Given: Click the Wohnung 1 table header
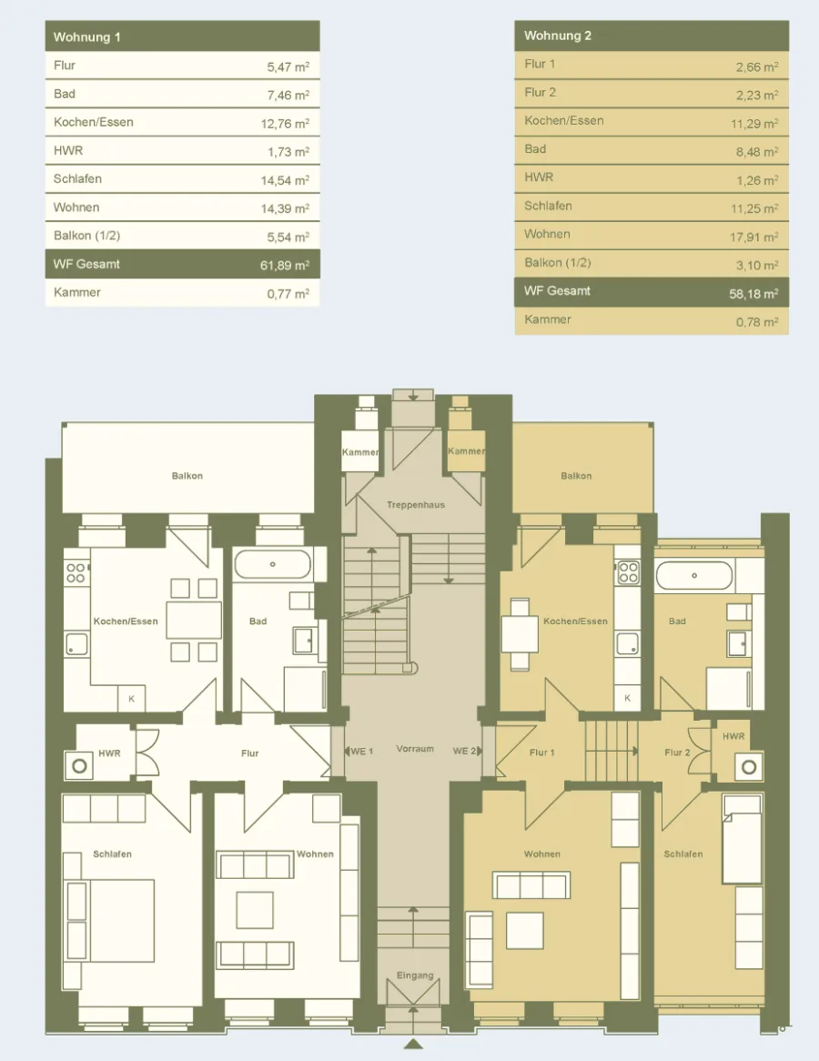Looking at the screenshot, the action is coord(182,36).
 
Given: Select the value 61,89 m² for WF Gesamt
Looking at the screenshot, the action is coord(285,266).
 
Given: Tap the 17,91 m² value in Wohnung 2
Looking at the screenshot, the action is coord(754,237).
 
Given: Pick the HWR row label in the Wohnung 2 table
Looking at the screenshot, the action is coord(539,177).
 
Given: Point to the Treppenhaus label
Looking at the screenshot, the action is coord(416,505).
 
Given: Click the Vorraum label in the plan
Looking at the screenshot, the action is coord(415,749).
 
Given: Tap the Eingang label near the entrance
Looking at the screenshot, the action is coord(415,975).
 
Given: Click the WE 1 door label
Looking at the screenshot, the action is coord(362,752).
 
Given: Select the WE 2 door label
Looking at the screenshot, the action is coord(464,751).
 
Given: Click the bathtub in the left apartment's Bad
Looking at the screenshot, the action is coord(272,564).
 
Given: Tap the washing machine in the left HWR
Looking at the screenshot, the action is coord(79,766).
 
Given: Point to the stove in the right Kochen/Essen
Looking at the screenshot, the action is coord(628,573).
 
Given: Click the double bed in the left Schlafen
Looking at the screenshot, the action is coord(109,920).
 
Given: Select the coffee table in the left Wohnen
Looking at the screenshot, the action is coord(255,910).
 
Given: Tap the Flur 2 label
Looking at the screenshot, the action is coord(677,753).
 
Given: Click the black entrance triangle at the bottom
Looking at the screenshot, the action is coord(413,1044).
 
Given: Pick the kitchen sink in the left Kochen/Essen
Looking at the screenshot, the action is coord(76,644).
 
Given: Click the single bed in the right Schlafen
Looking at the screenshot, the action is coord(742,839).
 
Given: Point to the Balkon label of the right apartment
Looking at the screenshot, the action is coord(576,476).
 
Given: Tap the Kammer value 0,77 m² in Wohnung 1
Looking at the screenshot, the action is coord(288,294).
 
